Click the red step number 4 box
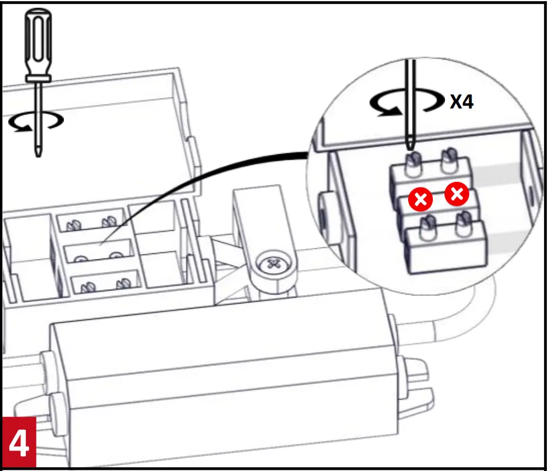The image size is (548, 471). point(18,443)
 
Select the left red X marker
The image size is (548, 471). point(420,200)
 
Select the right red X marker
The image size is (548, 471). point(457,194)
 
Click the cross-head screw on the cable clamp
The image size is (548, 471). point(271,264)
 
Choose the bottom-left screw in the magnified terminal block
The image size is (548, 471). point(425,226)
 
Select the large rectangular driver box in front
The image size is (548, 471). point(220,386)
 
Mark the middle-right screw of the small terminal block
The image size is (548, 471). point(115,256)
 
